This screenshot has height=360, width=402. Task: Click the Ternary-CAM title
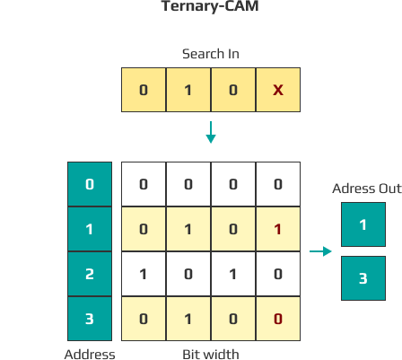(210, 6)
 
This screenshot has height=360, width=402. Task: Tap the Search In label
(211, 54)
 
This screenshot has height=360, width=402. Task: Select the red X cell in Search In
(278, 90)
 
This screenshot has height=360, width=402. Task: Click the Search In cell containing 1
(188, 90)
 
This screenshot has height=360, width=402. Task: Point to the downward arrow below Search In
(211, 132)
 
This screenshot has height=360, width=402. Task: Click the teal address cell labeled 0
(90, 184)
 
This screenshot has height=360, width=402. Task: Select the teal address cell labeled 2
(90, 274)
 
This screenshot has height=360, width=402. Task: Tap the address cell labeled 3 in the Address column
(90, 319)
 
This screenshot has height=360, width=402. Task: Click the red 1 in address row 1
(278, 229)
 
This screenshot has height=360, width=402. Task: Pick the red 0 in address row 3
(278, 319)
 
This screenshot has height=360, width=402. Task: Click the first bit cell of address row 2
(144, 274)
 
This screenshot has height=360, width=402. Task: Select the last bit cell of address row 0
(278, 184)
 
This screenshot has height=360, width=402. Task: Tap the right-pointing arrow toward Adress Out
(320, 251)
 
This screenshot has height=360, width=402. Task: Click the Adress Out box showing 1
(363, 224)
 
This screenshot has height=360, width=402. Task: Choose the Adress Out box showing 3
(363, 278)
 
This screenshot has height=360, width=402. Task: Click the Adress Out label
(367, 189)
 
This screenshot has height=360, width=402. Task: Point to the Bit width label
(211, 355)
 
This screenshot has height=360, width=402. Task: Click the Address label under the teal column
(90, 355)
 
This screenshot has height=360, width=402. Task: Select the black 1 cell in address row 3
(188, 319)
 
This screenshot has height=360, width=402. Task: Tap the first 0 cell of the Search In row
(144, 90)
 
